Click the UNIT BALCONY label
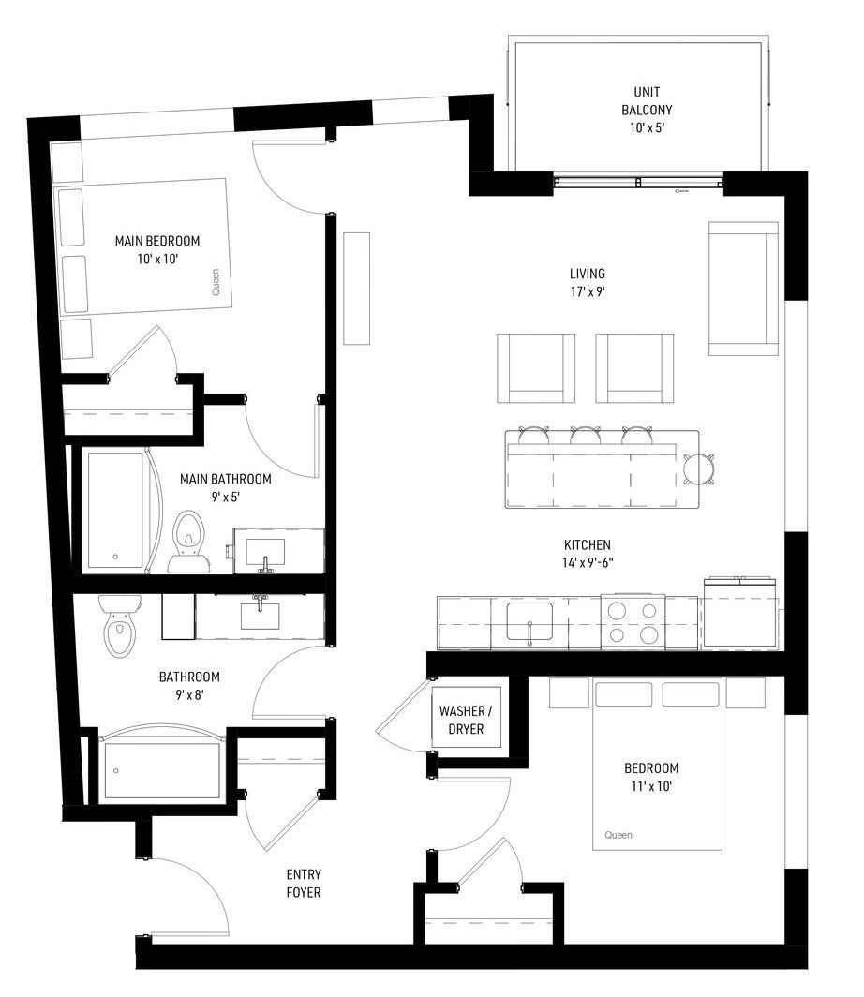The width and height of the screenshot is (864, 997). (647, 100)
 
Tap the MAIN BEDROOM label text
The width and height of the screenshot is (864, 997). (157, 241)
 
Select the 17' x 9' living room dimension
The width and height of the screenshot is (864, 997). (587, 291)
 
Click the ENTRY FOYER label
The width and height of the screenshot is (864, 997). (304, 884)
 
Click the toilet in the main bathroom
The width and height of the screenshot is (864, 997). (188, 541)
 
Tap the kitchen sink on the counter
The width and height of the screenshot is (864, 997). (529, 622)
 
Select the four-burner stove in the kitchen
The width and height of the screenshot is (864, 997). (633, 622)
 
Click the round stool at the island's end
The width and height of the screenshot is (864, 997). (699, 469)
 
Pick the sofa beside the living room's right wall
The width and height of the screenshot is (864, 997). (743, 288)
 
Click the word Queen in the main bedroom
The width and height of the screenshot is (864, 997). (216, 282)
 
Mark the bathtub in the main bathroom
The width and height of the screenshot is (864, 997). (115, 510)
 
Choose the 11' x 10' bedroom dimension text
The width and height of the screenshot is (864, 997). (651, 786)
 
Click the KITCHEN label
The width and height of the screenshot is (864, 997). (588, 545)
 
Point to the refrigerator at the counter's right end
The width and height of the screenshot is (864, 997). (740, 612)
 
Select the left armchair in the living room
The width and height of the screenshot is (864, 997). (536, 367)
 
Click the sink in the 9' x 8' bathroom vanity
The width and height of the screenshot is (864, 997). (260, 615)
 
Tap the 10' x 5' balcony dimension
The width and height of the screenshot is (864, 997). (647, 127)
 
